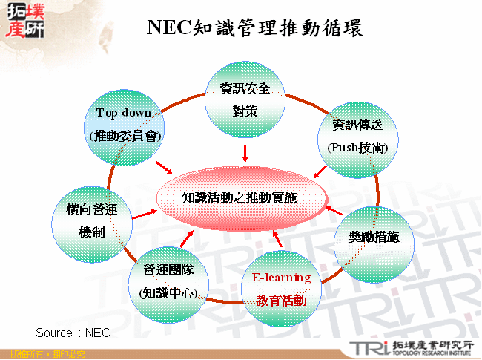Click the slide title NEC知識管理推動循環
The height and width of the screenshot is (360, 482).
coord(255,27)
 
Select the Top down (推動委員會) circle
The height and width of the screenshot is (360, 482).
coord(124,125)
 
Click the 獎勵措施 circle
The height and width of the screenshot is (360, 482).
coord(374,238)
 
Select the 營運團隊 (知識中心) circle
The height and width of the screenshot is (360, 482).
coord(168,280)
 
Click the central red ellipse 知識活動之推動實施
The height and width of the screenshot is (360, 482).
coord(242,197)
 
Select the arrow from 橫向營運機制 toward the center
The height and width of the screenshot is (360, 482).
coord(144,214)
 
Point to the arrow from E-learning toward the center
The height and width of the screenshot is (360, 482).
coord(277,240)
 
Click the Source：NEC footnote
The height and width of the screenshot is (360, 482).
coord(73,332)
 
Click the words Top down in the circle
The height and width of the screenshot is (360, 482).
coord(124,113)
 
